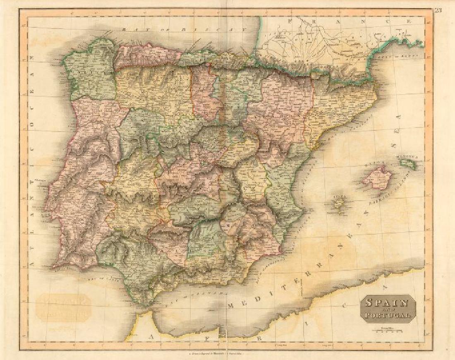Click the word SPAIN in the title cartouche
(x=388, y=302)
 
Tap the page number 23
(x=438, y=11)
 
